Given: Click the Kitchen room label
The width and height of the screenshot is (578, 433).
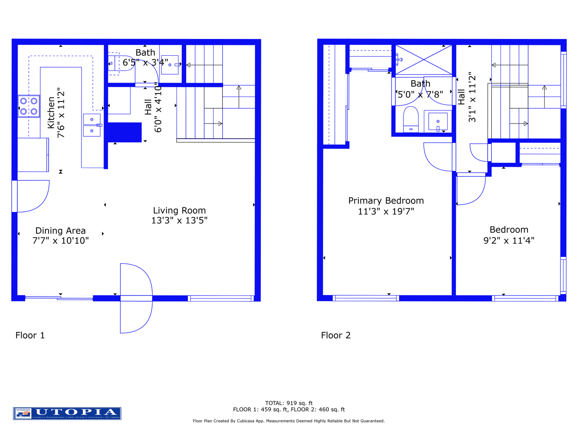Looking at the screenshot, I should [x=51, y=113].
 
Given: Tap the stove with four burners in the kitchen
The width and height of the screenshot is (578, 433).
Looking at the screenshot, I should [x=28, y=106].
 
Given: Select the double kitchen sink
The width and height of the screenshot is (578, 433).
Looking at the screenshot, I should [x=92, y=125].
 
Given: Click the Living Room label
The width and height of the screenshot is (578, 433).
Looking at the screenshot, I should [x=179, y=210].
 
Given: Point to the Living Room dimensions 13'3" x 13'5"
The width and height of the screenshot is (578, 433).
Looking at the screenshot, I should [x=179, y=221].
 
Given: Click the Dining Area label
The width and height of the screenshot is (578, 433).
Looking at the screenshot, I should [x=61, y=231].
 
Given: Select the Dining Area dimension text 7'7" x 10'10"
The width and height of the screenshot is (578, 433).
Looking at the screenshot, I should [x=61, y=241].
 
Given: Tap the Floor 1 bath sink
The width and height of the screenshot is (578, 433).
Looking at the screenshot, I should [x=170, y=65].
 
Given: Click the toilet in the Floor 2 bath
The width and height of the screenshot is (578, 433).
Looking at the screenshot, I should [x=411, y=119].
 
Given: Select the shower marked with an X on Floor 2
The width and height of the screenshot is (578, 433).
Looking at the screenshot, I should [x=424, y=60].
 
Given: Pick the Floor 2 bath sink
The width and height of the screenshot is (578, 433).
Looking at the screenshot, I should [x=438, y=121].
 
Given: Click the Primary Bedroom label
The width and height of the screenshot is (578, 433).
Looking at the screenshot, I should [x=386, y=200].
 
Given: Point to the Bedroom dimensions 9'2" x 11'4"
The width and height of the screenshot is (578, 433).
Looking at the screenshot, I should [x=509, y=241].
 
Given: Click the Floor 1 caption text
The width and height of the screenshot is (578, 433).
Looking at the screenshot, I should [x=30, y=335].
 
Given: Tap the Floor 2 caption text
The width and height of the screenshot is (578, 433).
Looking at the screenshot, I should [x=336, y=335].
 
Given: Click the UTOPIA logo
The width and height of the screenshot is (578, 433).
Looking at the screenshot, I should [x=67, y=413].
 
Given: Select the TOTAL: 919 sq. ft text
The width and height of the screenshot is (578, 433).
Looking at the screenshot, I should [x=289, y=403].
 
